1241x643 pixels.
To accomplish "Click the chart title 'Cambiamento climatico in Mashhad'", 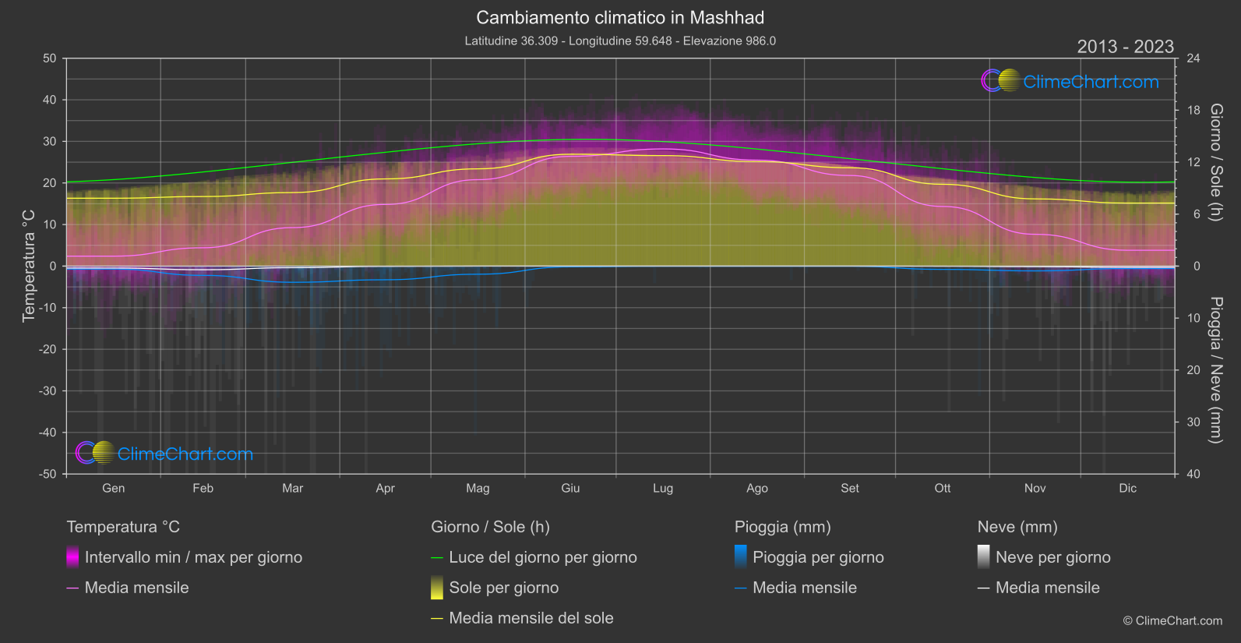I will tap(620, 17).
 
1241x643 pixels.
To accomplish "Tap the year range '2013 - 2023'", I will tap(1125, 47).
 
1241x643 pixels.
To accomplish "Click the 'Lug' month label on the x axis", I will tap(663, 488).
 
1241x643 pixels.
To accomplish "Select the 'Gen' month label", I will tap(114, 488).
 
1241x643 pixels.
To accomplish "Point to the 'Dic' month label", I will tap(1127, 488).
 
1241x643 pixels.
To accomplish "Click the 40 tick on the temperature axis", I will tap(50, 100).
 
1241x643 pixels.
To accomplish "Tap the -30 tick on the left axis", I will tap(48, 390).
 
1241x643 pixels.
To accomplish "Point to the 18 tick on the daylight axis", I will tap(1193, 111).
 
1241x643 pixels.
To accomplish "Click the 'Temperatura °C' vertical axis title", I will tap(29, 265).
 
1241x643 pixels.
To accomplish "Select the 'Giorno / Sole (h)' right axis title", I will tap(1215, 162).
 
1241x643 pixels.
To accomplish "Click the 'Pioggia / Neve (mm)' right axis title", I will tap(1215, 370).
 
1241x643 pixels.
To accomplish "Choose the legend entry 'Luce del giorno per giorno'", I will tap(542, 557).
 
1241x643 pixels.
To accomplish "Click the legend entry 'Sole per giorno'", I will tap(503, 588).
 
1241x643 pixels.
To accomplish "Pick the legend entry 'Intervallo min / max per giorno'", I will tap(193, 557).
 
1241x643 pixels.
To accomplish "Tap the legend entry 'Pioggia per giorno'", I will tap(818, 557).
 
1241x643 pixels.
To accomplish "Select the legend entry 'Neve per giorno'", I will tap(1052, 557).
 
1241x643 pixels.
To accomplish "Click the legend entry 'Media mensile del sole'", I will tap(531, 618).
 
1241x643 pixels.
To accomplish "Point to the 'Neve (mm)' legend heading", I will tap(1017, 527).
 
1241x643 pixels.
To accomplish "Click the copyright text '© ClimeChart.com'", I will tap(1172, 620).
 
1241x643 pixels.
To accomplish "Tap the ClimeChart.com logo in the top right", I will tap(1070, 81).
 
